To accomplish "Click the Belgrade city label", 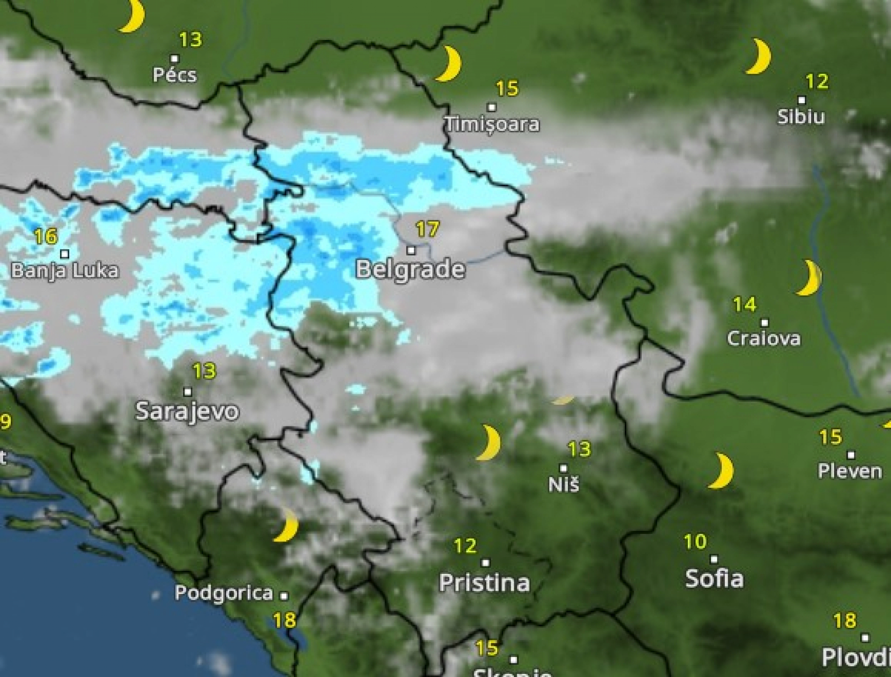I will point(410,269).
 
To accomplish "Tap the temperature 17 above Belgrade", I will point(427,229).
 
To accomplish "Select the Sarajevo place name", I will point(187,411).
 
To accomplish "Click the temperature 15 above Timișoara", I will point(507,89).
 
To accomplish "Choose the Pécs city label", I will point(174,75).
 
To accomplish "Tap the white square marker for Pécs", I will point(175,58).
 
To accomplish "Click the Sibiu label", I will point(801,117).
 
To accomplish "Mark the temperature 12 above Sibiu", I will point(817,82).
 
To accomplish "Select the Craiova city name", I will point(764,338).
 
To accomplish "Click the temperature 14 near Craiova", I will point(744,305).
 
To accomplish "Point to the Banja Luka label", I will point(65,271).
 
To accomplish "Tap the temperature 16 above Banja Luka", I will point(45,237).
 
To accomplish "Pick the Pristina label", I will point(484,583).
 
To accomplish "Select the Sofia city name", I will point(714,579).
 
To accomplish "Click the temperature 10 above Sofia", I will point(695,542).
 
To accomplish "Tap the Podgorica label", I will point(224,593).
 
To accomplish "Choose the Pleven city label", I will point(850,471).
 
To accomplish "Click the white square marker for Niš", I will point(563,468).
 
